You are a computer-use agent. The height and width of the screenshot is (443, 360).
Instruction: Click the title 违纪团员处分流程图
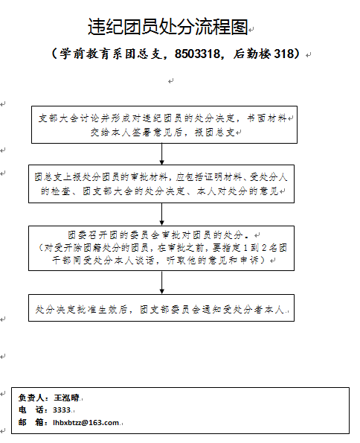167,27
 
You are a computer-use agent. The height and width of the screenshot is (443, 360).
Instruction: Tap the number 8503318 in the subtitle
197,54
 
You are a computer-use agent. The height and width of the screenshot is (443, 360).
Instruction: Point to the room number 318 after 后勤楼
284,54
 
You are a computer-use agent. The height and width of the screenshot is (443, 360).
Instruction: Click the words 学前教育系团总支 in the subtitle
112,54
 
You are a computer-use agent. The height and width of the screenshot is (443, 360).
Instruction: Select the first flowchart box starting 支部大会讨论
164,124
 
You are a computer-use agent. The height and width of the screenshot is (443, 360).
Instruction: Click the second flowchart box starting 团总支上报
161,184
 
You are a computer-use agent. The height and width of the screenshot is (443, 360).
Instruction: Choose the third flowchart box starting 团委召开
161,249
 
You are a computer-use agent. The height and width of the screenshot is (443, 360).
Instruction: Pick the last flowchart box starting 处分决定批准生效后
161,308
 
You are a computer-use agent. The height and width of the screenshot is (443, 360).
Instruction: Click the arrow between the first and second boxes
162,154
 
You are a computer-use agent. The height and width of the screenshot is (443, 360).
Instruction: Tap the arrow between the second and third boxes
162,214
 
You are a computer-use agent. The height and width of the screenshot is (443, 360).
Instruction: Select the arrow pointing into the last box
162,282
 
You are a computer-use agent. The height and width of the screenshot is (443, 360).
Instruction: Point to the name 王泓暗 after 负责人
66,398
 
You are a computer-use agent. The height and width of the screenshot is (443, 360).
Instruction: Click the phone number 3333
62,410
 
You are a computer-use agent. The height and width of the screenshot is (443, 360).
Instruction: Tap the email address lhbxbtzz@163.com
86,423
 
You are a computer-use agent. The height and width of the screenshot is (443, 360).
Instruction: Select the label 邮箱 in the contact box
31,423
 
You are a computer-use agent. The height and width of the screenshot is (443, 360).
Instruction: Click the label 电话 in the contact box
31,410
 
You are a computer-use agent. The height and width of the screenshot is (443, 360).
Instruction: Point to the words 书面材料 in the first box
267,118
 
